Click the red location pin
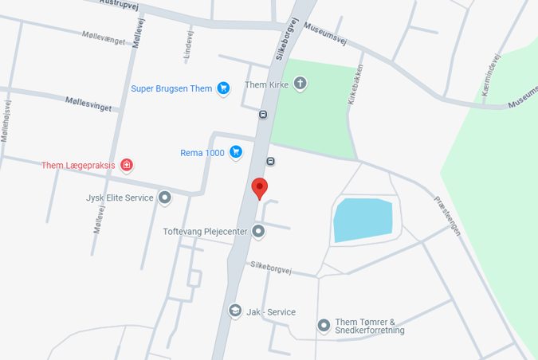259,188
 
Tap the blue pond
363,219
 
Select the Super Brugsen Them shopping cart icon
223,88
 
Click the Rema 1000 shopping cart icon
236,152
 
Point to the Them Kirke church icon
300,84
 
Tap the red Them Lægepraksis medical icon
126,166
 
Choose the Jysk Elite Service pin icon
165,198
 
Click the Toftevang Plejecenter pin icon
258,232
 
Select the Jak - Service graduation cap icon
235,311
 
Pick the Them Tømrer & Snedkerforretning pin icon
324,325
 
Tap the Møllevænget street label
104,37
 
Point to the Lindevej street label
189,45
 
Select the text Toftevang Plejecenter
205,232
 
